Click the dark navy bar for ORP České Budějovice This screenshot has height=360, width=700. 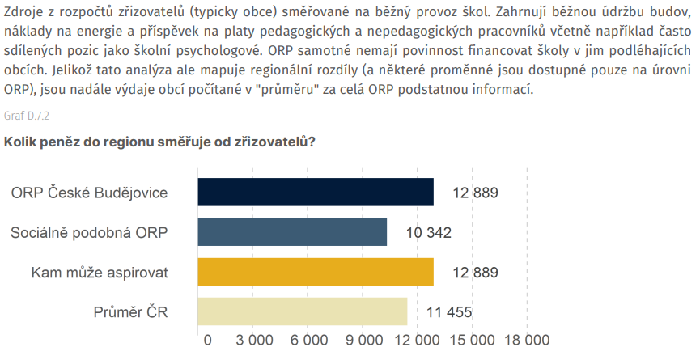tap(316, 193)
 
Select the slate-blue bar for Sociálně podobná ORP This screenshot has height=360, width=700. tap(292, 232)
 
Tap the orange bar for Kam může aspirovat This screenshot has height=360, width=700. tap(316, 272)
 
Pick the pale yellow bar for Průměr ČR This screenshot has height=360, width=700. tap(303, 311)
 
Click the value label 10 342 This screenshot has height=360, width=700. tap(428, 233)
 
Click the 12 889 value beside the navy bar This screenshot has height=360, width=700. tap(475, 193)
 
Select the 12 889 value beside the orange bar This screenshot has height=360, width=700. tap(475, 273)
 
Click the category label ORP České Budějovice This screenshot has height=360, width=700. tap(89, 193)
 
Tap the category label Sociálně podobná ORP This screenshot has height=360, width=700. tap(89, 233)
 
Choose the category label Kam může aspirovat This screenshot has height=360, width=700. tap(99, 273)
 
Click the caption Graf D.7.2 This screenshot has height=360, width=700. tap(27, 116)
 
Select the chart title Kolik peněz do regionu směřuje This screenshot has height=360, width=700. tap(159, 142)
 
